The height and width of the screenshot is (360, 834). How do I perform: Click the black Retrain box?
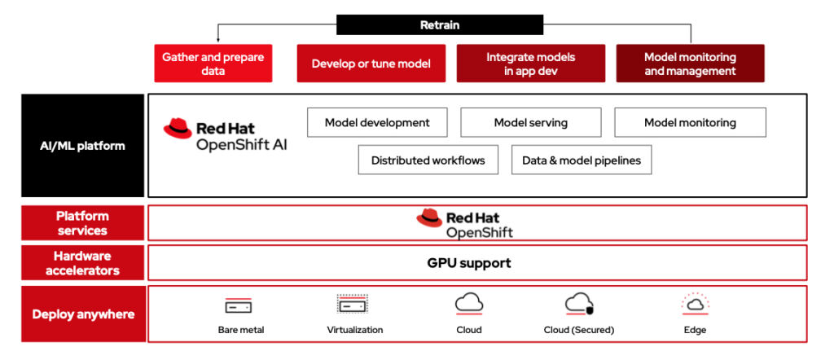pyautogui.click(x=440, y=25)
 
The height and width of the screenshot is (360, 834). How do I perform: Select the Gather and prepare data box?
pyautogui.click(x=213, y=64)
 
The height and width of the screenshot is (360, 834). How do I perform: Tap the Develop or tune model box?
pyautogui.click(x=371, y=64)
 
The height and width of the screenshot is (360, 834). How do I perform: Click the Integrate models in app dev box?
pyautogui.click(x=530, y=64)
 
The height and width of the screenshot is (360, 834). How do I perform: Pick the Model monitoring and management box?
pyautogui.click(x=690, y=64)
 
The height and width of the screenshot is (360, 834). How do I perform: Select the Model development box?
pyautogui.click(x=377, y=122)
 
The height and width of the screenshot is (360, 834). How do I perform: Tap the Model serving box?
pyautogui.click(x=530, y=122)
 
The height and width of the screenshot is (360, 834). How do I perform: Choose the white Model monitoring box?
pyautogui.click(x=690, y=122)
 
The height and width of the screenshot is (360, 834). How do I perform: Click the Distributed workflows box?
pyautogui.click(x=428, y=160)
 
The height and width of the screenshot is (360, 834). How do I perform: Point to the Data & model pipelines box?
pyautogui.click(x=582, y=160)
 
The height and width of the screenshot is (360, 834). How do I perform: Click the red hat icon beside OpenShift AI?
pyautogui.click(x=178, y=128)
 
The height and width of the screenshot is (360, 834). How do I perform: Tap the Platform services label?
pyautogui.click(x=83, y=223)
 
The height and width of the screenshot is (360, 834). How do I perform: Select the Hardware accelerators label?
pyautogui.click(x=83, y=263)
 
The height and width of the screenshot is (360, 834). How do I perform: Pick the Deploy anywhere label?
pyautogui.click(x=83, y=314)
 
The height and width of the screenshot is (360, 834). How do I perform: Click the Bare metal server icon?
pyautogui.click(x=239, y=306)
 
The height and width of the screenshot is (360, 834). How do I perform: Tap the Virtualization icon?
pyautogui.click(x=353, y=305)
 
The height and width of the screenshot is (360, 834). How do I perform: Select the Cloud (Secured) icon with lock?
pyautogui.click(x=578, y=305)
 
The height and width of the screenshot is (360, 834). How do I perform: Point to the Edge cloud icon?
pyautogui.click(x=695, y=305)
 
